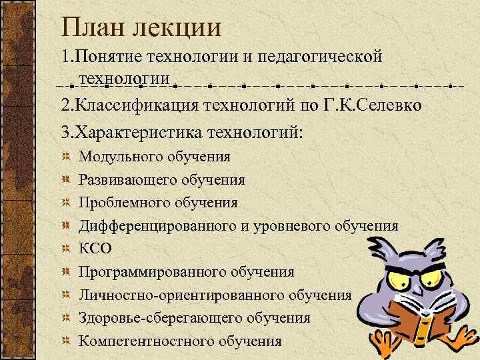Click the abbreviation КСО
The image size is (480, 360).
point(95,249)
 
